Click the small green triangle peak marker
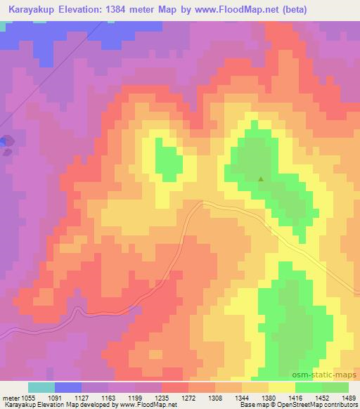pyautogui.click(x=262, y=178)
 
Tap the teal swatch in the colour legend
pyautogui.click(x=41, y=387)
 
